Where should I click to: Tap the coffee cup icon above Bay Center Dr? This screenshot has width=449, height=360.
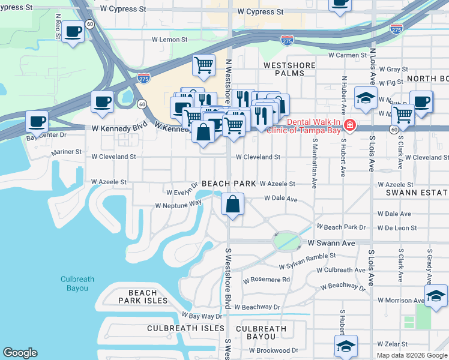pos(37,122)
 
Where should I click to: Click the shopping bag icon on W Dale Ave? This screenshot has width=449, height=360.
pos(232,203)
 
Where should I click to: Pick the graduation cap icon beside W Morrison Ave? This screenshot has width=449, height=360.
pos(436,295)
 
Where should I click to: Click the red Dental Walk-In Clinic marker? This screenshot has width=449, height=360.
pos(349,126)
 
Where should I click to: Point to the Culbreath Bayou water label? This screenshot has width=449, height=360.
pos(74,283)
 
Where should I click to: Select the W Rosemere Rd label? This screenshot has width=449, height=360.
pos(266,280)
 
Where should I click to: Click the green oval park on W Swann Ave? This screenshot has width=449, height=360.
pos(286,241)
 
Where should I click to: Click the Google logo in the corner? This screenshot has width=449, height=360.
pos(20,353)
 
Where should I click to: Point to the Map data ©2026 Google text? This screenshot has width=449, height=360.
pos(412,355)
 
